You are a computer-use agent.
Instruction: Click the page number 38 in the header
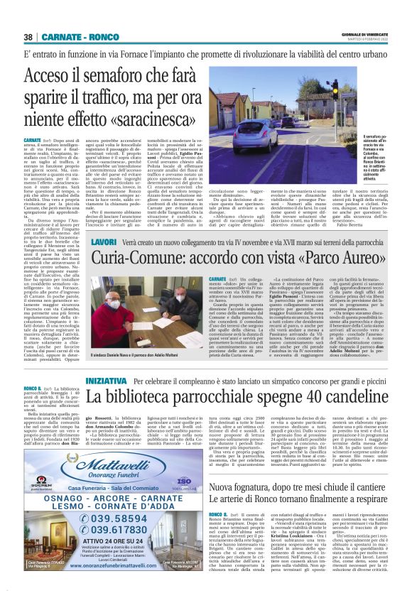click(28, 36)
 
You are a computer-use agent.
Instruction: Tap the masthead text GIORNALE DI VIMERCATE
click(364, 33)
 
